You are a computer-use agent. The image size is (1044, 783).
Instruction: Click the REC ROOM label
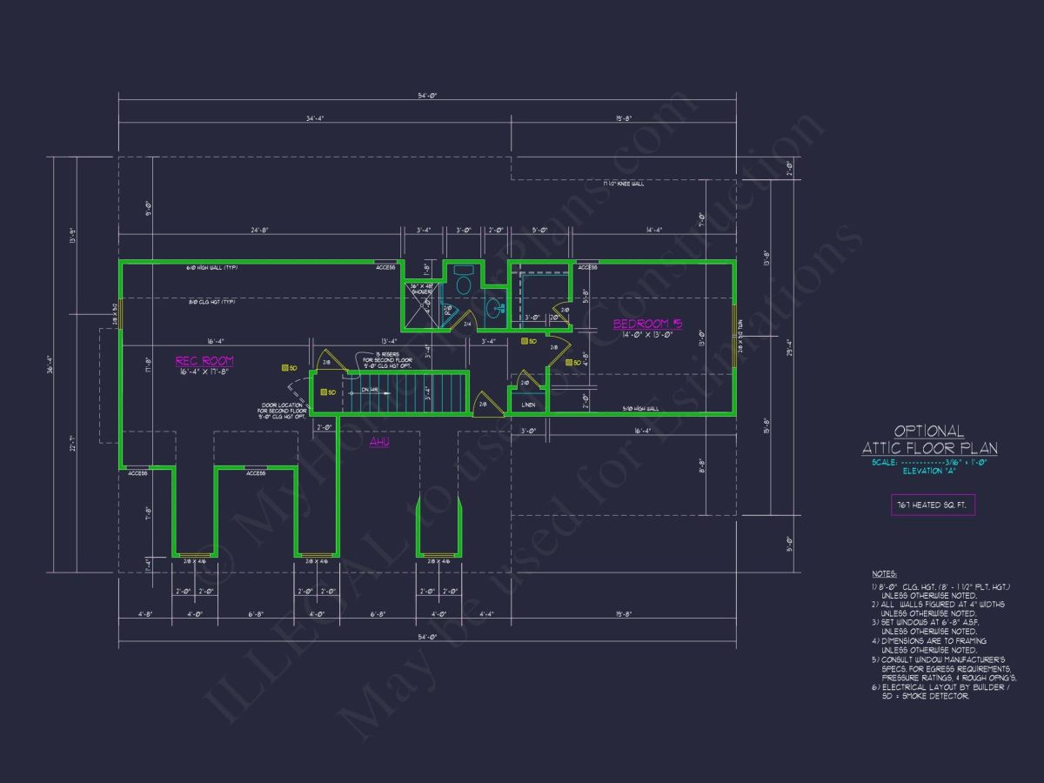(x=204, y=360)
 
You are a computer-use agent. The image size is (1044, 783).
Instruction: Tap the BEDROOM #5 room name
(x=648, y=325)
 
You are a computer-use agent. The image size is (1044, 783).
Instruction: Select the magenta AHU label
(x=378, y=442)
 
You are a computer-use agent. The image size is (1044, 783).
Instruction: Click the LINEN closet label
(x=528, y=405)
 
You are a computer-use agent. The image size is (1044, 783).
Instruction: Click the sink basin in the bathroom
(x=493, y=306)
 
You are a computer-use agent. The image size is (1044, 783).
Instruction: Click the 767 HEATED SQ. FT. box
(x=934, y=505)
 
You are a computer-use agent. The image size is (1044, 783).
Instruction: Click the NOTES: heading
(x=885, y=574)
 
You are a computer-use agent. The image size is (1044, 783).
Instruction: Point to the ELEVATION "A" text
(x=929, y=471)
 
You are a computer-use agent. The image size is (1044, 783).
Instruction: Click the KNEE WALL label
(x=624, y=184)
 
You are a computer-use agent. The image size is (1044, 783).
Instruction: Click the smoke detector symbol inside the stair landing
(x=325, y=392)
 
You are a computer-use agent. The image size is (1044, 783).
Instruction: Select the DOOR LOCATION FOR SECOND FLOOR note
(x=282, y=411)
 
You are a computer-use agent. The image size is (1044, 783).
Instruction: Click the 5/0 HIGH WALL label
(x=640, y=409)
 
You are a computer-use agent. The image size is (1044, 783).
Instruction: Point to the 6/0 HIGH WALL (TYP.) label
(x=212, y=268)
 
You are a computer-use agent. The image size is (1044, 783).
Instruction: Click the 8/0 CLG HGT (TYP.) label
(x=212, y=302)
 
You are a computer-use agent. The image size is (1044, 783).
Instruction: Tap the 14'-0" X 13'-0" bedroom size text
(x=648, y=335)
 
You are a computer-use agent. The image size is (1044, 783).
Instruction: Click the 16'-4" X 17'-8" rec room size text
(x=204, y=371)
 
